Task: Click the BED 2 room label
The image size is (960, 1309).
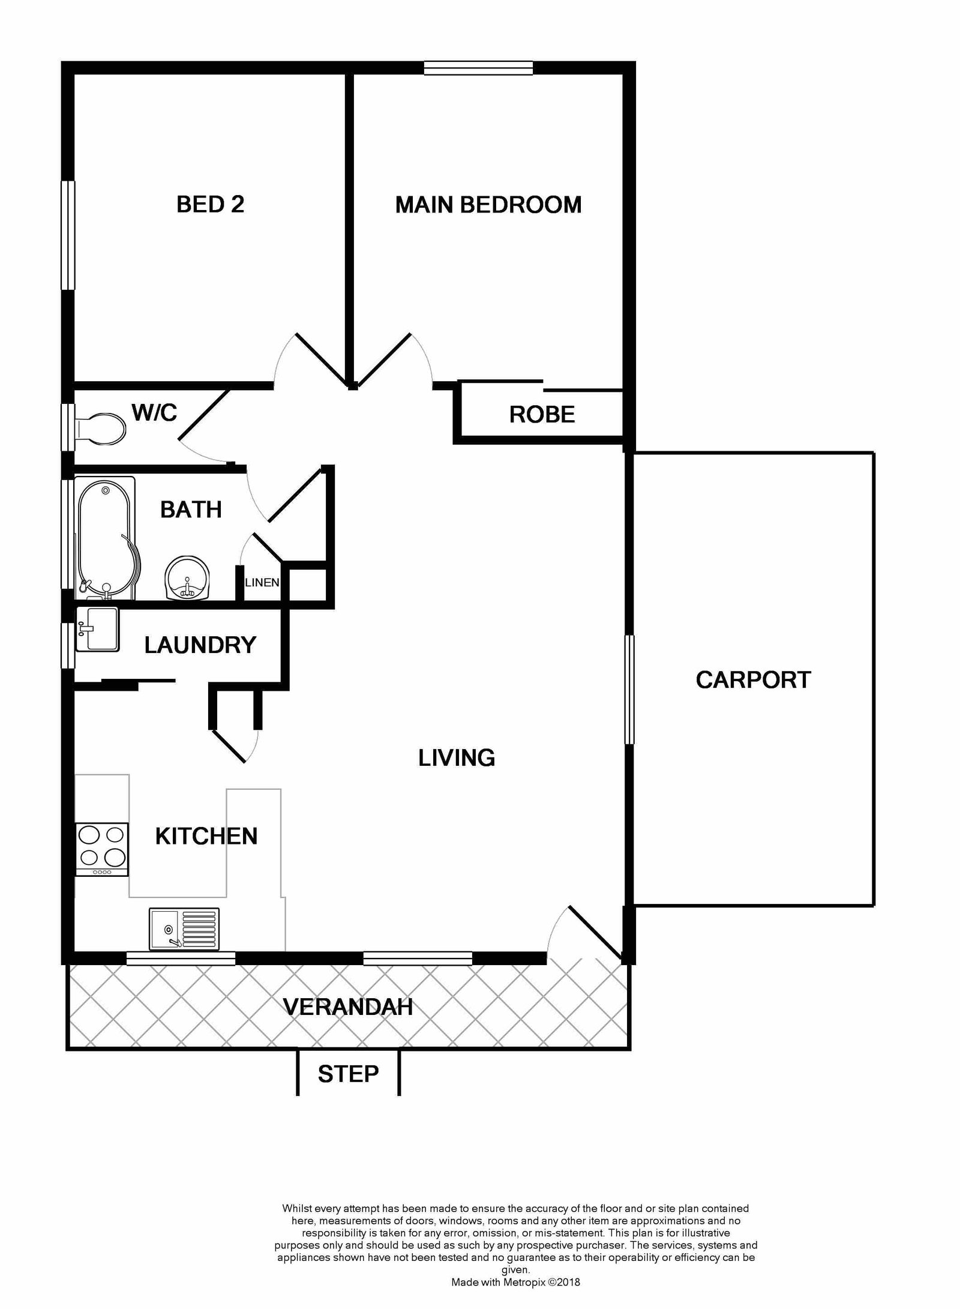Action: [210, 205]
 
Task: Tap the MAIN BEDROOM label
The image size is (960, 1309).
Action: [488, 205]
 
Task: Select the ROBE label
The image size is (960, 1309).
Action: [541, 415]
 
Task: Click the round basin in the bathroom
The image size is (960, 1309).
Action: [187, 578]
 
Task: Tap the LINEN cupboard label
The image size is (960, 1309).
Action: [262, 582]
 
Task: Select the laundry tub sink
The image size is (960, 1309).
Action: [98, 628]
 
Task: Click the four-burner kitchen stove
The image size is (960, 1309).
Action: [101, 849]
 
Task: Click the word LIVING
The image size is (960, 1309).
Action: [457, 758]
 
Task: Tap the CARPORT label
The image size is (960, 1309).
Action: [753, 680]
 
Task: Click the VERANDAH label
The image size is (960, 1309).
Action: [347, 1007]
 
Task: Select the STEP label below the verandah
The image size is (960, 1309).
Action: [348, 1074]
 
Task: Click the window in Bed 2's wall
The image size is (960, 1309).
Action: [68, 235]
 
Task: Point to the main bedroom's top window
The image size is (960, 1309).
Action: [478, 68]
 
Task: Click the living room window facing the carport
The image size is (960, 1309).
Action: [629, 690]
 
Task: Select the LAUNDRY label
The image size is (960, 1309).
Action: [200, 645]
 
